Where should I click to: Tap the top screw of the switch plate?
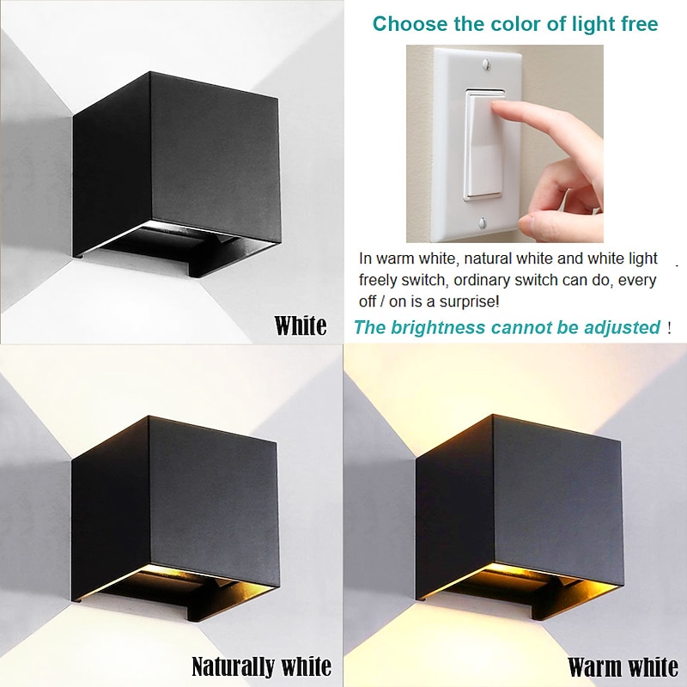(x=485, y=64)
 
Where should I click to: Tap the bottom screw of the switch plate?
(x=483, y=223)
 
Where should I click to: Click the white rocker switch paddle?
(x=484, y=144)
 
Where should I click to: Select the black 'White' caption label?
(x=300, y=326)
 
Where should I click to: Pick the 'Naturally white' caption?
(x=262, y=666)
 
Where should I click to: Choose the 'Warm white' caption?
(x=623, y=667)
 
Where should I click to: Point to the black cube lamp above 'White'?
(x=176, y=174)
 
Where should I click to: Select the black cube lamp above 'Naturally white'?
(x=175, y=519)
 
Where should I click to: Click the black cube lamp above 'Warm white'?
(x=520, y=517)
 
